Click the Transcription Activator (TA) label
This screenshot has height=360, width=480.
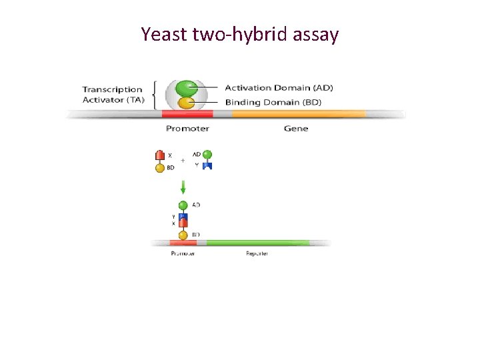[x=112, y=95]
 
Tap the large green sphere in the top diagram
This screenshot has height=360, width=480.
[x=187, y=88]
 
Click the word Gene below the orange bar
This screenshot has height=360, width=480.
[x=296, y=129]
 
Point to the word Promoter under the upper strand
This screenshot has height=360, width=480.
[x=187, y=129]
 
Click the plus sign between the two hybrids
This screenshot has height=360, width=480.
[x=183, y=161]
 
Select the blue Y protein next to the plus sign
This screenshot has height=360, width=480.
[x=207, y=165]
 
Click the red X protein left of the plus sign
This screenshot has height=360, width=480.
[x=160, y=156]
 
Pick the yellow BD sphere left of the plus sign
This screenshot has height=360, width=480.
[x=160, y=168]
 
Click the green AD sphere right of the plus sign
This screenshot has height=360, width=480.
[x=207, y=155]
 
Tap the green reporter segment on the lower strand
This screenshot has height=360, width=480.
[x=267, y=243]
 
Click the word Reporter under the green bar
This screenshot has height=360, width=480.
[x=257, y=254]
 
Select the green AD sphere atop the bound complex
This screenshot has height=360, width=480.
[x=183, y=206]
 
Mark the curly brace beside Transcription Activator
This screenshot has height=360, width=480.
[x=155, y=95]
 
